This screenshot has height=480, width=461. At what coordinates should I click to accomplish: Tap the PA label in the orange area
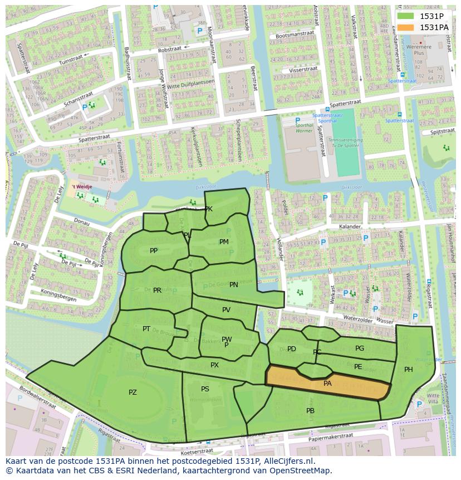(x=327, y=384)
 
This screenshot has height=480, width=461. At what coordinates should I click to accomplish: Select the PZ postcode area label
(x=133, y=392)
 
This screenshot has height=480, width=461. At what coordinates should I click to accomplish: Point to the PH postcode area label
(x=409, y=370)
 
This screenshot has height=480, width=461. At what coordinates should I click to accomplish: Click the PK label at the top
(x=209, y=209)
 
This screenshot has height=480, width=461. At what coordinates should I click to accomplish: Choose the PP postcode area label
(x=154, y=251)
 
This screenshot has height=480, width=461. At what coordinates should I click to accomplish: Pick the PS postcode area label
(x=205, y=389)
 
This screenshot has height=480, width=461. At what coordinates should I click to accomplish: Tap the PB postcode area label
(x=310, y=411)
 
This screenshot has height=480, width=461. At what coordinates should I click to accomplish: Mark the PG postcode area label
(x=360, y=348)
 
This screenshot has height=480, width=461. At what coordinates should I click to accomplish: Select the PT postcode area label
(x=146, y=329)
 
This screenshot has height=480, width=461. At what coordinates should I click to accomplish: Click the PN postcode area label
(x=234, y=285)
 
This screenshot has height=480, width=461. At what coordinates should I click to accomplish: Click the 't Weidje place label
(x=81, y=187)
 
